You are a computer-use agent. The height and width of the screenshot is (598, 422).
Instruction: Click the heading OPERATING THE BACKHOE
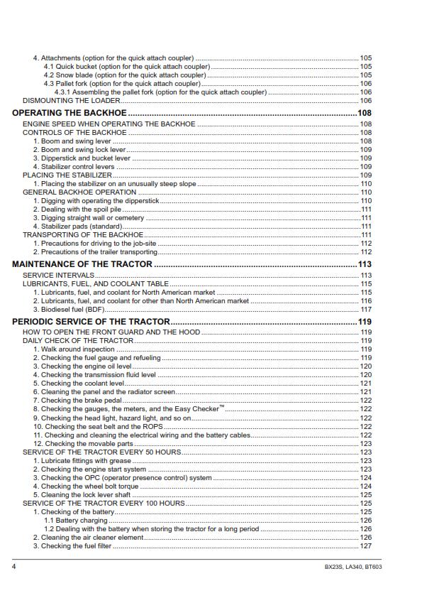[x=70, y=113]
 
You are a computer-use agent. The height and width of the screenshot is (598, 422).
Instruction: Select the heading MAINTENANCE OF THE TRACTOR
[x=82, y=264]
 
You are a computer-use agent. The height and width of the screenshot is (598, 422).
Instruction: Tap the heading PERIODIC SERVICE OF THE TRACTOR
[x=91, y=322]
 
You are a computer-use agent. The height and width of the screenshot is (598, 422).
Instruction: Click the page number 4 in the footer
[x=14, y=567]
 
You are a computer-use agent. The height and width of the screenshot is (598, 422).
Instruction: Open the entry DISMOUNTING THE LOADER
[x=72, y=100]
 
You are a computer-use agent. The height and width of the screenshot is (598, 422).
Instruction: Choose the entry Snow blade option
[x=125, y=75]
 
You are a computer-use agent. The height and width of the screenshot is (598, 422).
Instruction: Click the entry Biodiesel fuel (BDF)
[x=69, y=309]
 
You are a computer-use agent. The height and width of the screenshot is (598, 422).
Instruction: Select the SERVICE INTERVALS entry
[x=58, y=276]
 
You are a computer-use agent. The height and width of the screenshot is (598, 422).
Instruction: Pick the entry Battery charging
[x=76, y=521]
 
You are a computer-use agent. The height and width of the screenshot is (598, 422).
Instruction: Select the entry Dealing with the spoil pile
[x=77, y=210]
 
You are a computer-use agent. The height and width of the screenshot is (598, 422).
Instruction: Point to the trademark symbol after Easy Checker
[x=221, y=407]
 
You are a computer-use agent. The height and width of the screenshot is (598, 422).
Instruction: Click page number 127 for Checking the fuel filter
[x=365, y=546]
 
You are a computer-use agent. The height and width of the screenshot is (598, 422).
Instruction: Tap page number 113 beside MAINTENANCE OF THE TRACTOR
[x=365, y=264]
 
